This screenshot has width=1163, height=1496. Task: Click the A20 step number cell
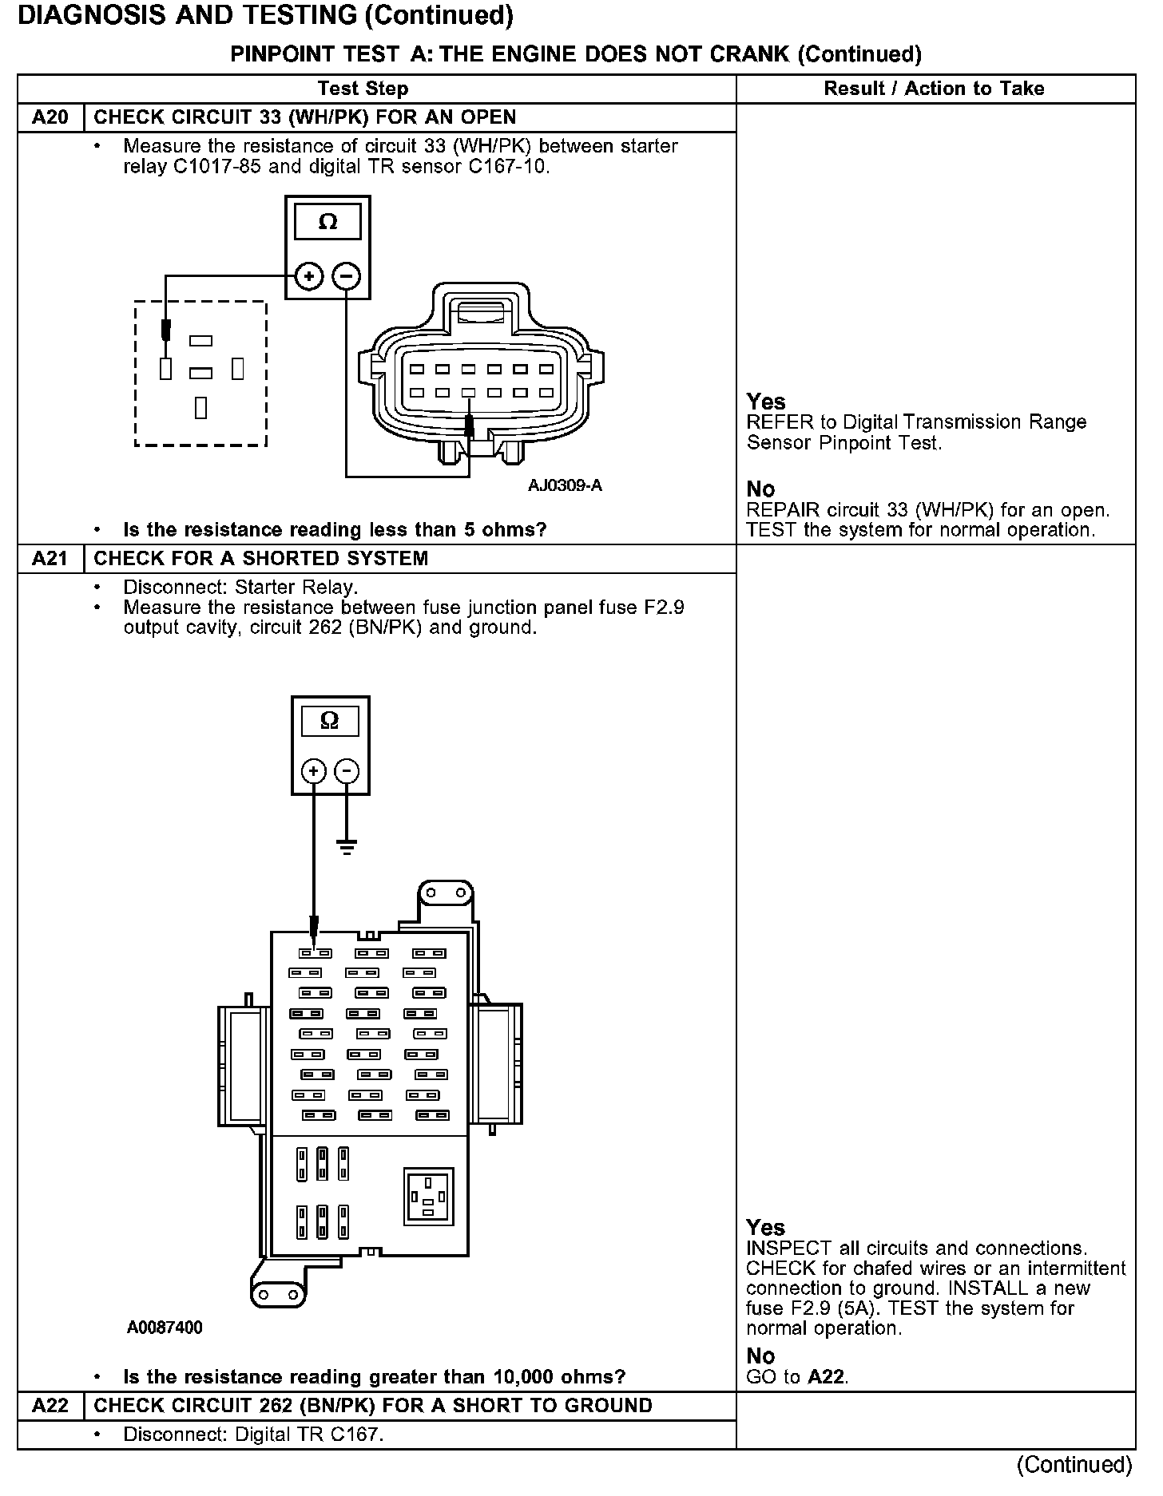click(50, 117)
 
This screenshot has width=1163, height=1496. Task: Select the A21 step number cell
click(50, 558)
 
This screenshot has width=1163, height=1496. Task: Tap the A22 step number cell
click(50, 1405)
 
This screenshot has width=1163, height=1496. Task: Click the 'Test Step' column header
click(363, 89)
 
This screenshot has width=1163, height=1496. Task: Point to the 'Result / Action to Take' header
click(934, 89)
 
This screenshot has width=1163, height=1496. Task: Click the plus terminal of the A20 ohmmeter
click(308, 277)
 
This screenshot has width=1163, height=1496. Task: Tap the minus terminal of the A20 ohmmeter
click(347, 277)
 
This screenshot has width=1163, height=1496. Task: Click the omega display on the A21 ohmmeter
click(329, 722)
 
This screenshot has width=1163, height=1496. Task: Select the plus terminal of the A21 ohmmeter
click(313, 771)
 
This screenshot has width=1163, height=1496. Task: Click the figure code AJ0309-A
click(565, 485)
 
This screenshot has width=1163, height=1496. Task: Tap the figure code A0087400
click(165, 1328)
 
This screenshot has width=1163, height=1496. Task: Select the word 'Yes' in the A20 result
click(766, 402)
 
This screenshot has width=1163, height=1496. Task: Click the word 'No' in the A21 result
click(760, 1356)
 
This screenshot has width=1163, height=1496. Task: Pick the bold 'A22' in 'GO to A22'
click(827, 1376)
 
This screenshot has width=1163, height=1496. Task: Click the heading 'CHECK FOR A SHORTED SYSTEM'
click(261, 558)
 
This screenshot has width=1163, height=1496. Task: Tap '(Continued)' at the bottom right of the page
click(1074, 1465)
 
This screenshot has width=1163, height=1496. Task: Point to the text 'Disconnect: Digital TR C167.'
click(253, 1434)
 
